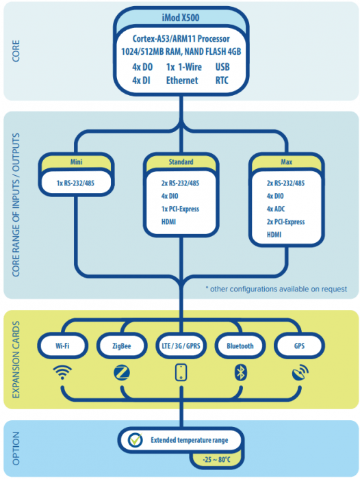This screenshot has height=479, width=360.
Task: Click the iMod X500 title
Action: pos(180,17)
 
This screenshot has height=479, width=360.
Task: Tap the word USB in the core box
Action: pos(222,67)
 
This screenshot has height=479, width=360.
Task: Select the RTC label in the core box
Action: pos(222,80)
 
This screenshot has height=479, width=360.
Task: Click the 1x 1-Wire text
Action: pos(183,67)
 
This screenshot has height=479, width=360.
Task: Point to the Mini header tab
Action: pos(76,162)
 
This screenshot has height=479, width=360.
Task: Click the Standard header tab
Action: pos(181,162)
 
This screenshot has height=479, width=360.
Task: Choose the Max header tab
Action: pos(286,162)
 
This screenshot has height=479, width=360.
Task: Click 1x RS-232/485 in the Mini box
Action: pos(75,183)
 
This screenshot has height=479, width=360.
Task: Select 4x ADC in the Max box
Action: pos(276,209)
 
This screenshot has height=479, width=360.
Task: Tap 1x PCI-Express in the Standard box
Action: pos(180,209)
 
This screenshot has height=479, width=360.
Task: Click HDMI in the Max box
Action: pos(274,235)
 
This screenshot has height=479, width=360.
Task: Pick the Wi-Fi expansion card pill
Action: pos(62,346)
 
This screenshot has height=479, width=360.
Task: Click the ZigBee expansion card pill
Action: pos(122,346)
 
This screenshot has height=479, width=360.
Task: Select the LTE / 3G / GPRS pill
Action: pos(181,346)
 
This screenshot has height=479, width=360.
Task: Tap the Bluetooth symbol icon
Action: pos(240,373)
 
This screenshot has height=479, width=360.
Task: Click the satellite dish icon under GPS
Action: pos(300,372)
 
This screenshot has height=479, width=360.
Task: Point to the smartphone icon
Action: pos(181,373)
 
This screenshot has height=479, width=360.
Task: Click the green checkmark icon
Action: pos(136,440)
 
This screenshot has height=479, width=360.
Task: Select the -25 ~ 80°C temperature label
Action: pos(216,459)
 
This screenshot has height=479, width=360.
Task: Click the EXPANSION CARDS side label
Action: pos(16,359)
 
